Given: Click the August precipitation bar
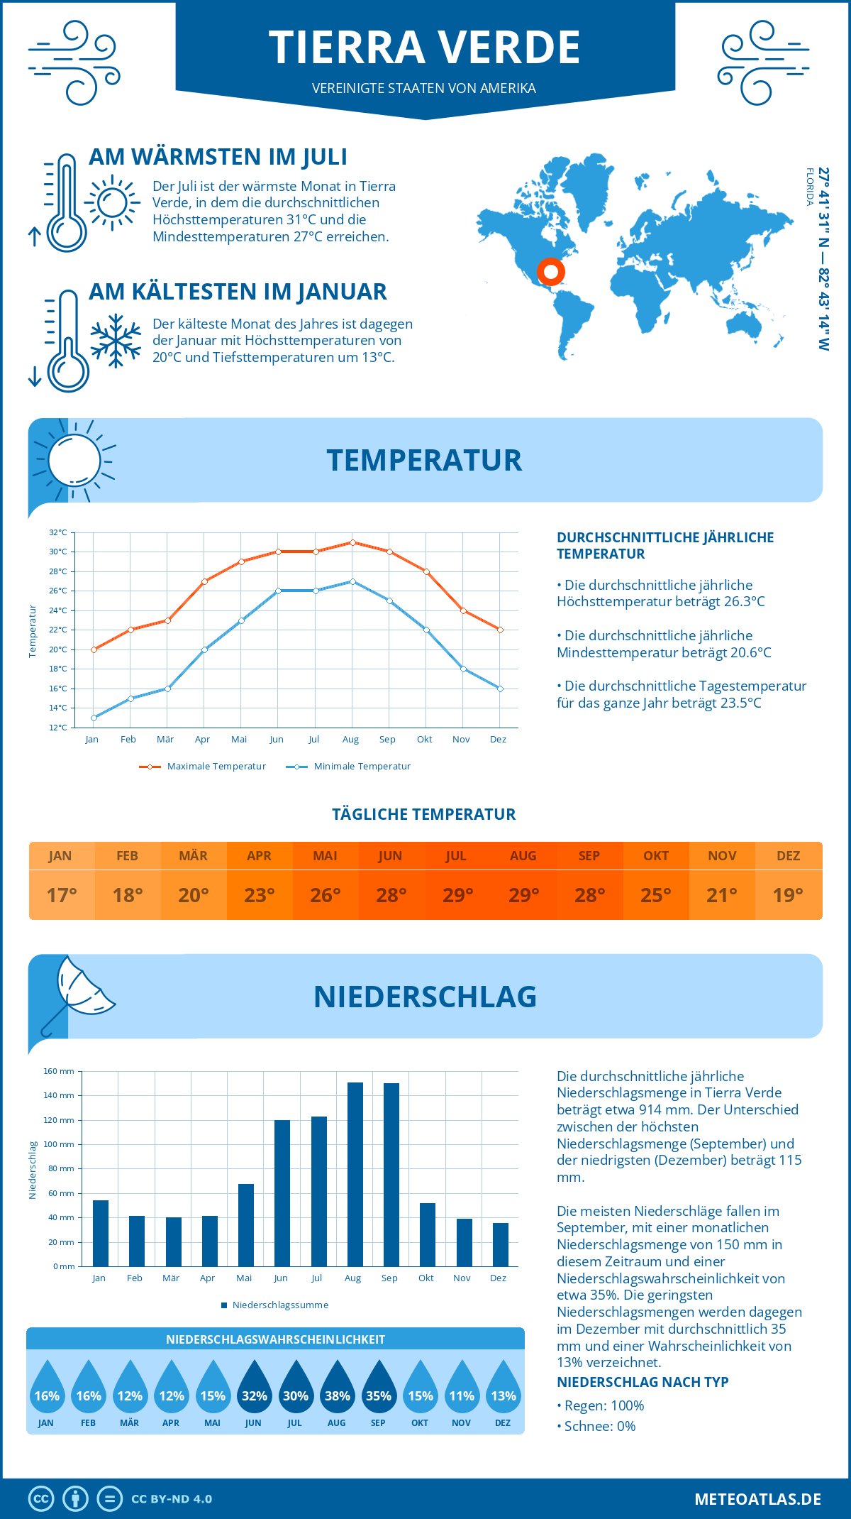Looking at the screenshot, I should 355,1174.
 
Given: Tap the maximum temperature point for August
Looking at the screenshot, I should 352,542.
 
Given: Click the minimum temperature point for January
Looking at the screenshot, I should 94,718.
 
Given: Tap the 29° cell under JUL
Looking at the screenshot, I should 457,895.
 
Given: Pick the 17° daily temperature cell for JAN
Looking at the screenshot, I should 62,895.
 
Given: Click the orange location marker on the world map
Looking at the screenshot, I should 550,271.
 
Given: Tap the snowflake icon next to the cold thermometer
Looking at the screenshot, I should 116,341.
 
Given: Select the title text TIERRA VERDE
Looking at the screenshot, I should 424,48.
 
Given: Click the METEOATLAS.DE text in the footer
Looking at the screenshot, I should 757,1499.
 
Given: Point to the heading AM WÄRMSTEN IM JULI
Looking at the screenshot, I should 218,157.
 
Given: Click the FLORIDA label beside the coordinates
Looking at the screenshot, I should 809,187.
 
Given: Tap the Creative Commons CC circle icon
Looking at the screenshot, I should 41,1499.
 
